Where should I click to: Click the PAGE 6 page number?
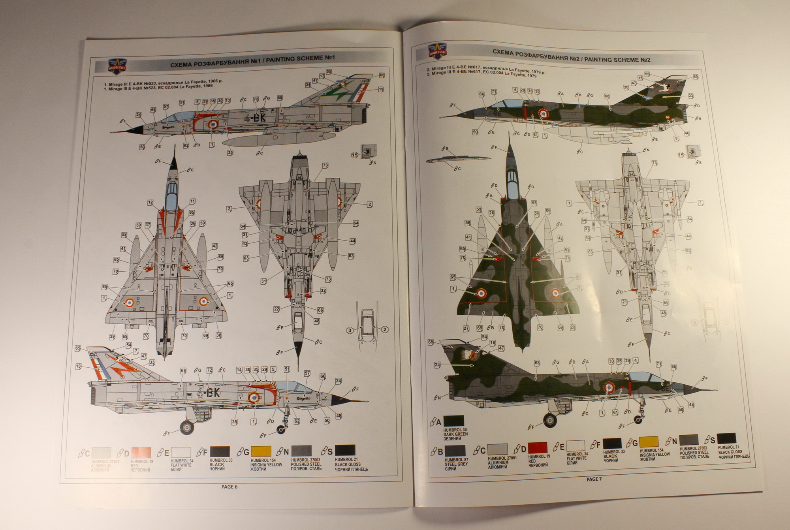[x=229, y=487]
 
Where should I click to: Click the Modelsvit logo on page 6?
[x=117, y=65]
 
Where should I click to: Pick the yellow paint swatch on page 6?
[x=261, y=451]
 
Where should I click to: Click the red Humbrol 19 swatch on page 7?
[x=538, y=447]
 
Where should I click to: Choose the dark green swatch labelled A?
[x=453, y=421]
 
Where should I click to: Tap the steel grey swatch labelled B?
[x=455, y=451]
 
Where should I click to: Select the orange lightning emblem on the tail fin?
[x=124, y=369]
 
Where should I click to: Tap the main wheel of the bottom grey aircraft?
[x=187, y=427]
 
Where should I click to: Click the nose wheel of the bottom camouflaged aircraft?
[x=638, y=420]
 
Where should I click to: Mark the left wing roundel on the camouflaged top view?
[x=482, y=293]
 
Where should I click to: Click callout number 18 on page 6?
[x=79, y=367]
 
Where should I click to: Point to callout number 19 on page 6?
[x=381, y=90]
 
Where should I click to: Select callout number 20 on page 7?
[x=626, y=88]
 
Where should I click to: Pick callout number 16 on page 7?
[x=492, y=343]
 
